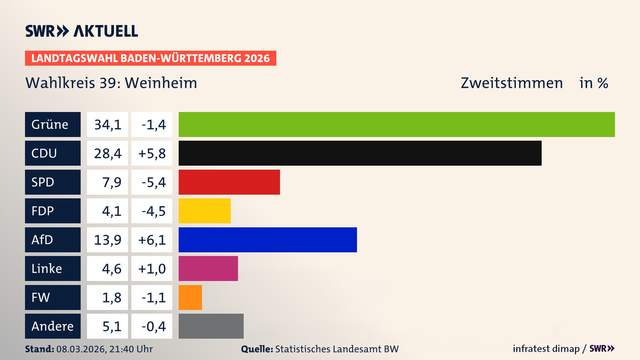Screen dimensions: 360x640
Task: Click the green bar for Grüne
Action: (x=397, y=124)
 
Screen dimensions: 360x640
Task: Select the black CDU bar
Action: (x=360, y=153)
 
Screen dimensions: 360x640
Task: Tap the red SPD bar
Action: (x=229, y=182)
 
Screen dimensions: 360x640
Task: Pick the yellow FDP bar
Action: (x=204, y=211)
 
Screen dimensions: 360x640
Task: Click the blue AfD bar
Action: (x=268, y=240)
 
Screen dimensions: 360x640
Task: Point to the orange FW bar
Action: (x=190, y=297)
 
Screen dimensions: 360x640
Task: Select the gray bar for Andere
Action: (x=211, y=326)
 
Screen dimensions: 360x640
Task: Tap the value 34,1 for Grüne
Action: (x=107, y=124)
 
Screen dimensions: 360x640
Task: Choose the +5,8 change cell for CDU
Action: (x=152, y=153)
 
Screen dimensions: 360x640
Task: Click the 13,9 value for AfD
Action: (x=107, y=240)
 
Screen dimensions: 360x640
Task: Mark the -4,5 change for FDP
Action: (x=152, y=211)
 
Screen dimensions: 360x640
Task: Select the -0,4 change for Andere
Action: (x=152, y=326)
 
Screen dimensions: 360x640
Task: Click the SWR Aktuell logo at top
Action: (x=82, y=31)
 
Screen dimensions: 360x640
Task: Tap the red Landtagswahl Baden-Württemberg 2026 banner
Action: (x=150, y=58)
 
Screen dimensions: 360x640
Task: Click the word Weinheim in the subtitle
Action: (x=161, y=83)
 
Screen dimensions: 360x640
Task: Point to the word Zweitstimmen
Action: (x=512, y=83)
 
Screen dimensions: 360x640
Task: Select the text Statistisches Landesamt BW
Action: (x=337, y=349)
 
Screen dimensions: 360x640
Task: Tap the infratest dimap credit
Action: (x=546, y=349)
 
